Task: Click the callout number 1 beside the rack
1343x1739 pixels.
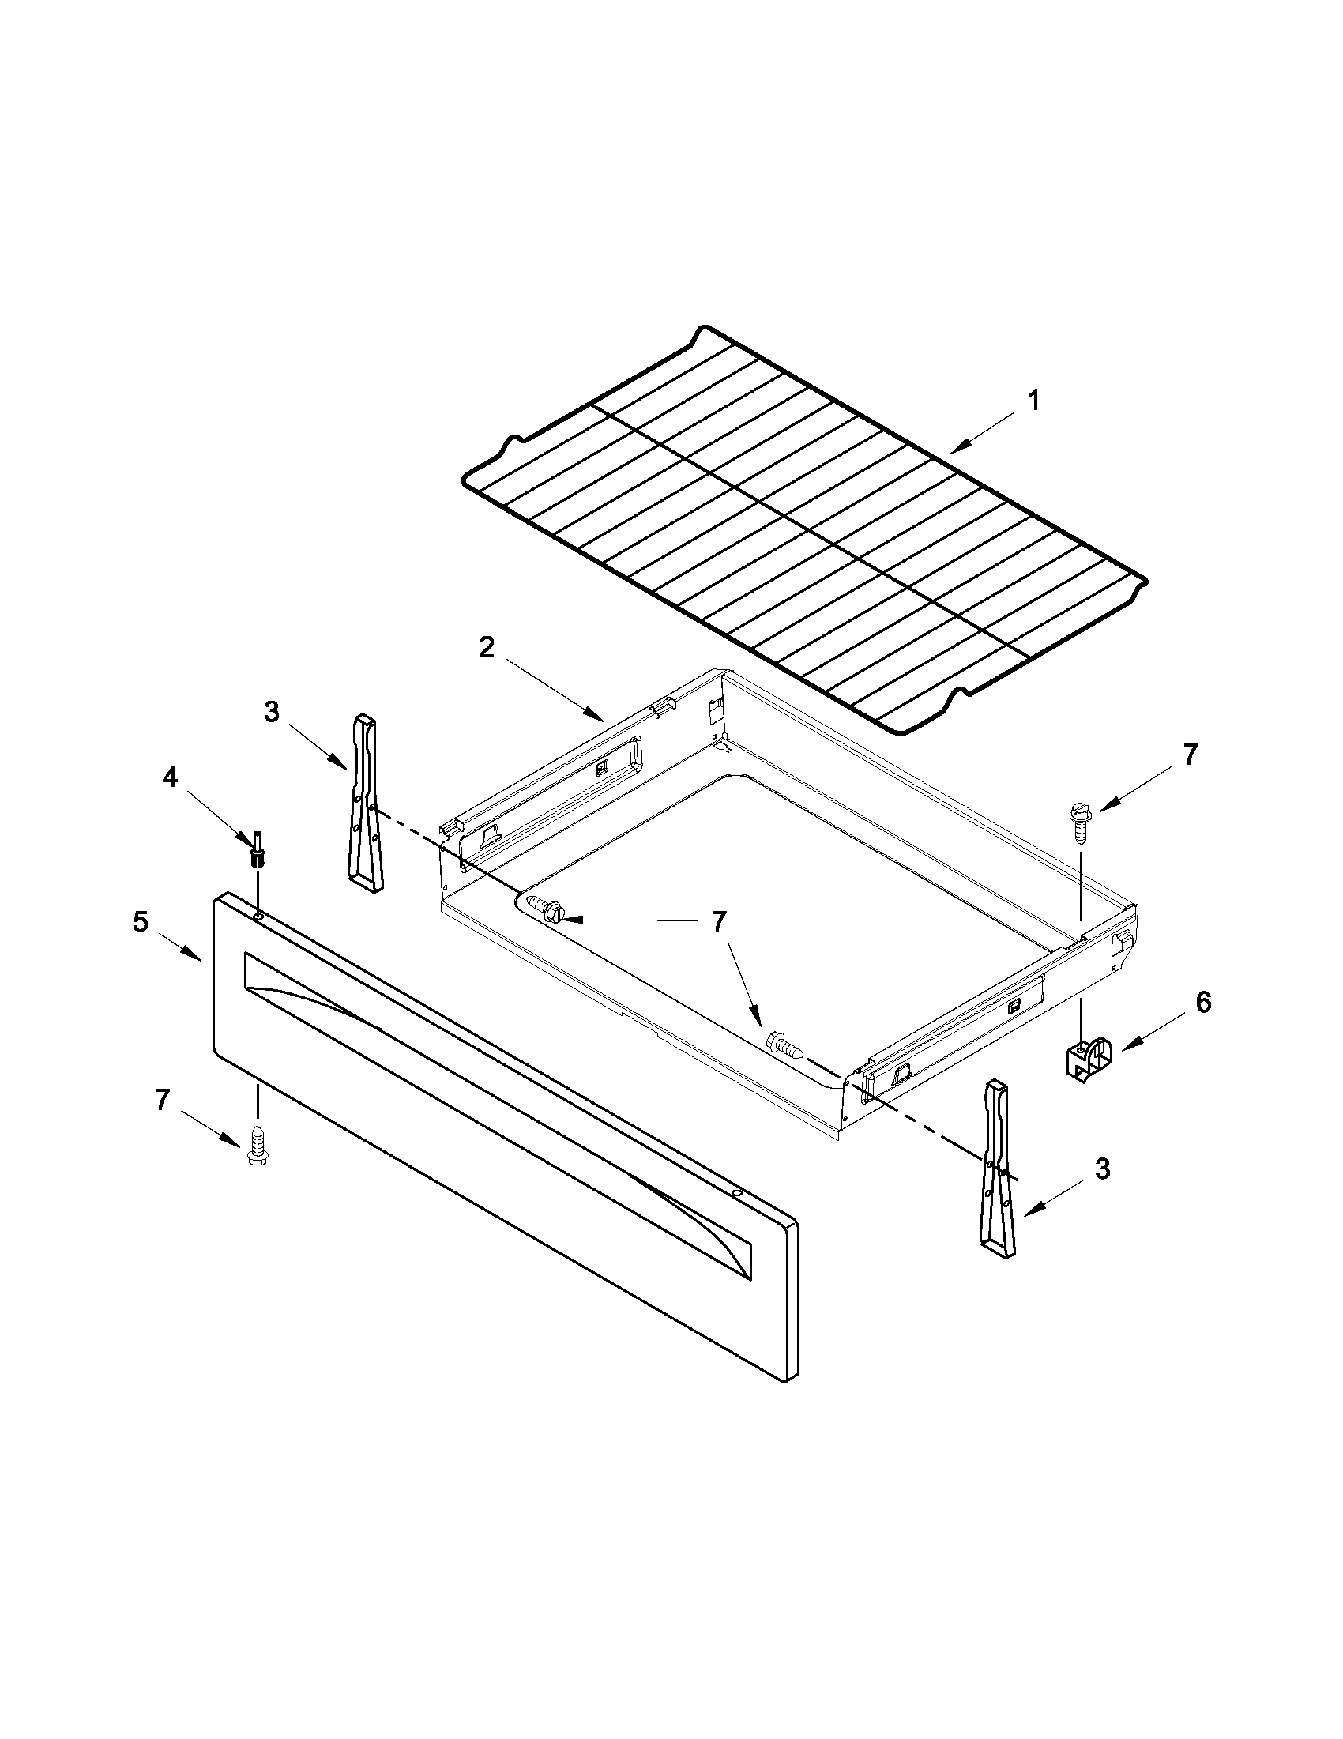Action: coord(1033,401)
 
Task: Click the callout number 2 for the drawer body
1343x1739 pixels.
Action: coord(487,647)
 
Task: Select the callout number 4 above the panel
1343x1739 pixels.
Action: coord(171,779)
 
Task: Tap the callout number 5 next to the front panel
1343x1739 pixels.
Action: coord(140,923)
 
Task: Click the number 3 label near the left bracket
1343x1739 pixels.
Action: coord(273,713)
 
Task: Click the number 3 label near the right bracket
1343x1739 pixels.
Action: coord(1103,1169)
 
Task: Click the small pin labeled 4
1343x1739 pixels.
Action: coord(258,849)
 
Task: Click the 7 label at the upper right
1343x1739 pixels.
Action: coord(1190,755)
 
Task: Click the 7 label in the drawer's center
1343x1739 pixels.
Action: coord(718,922)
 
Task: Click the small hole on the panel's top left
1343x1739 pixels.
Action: coord(261,918)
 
